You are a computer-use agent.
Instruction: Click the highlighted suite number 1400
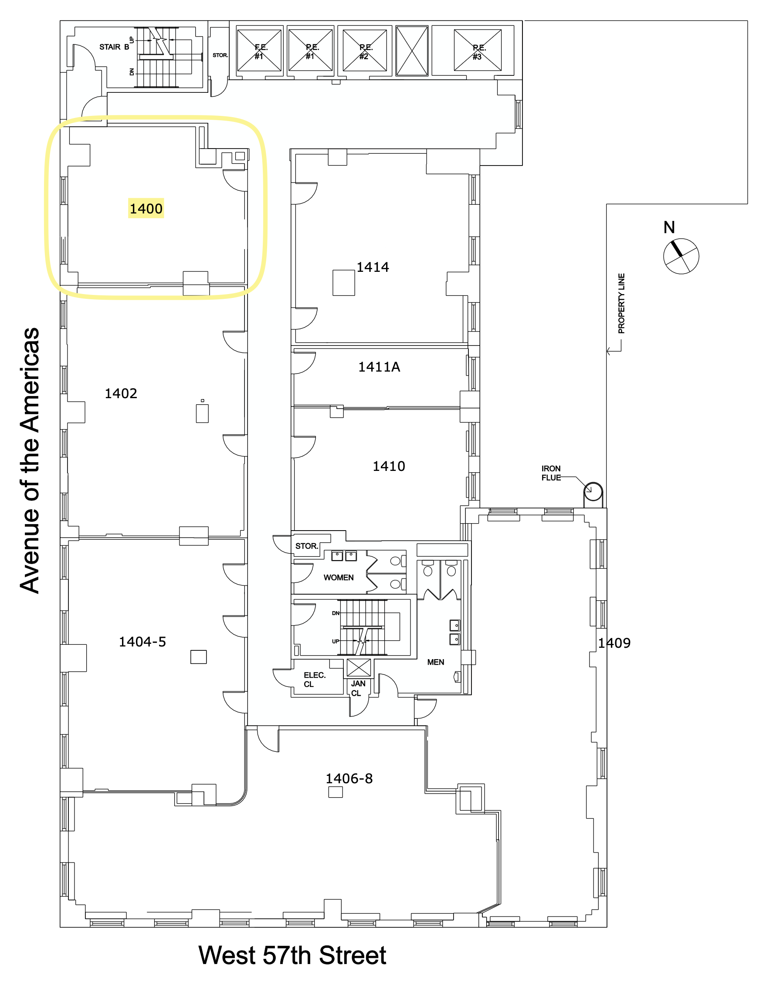point(146,209)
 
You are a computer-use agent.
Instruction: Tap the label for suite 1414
point(373,267)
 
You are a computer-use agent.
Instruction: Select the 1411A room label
point(379,367)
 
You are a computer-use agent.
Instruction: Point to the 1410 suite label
point(388,467)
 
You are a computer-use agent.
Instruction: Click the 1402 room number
point(121,393)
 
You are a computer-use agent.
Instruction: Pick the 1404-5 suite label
point(142,642)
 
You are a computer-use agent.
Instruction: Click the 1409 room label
point(614,643)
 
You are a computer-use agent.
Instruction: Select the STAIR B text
point(114,47)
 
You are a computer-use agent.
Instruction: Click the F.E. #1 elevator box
point(259,51)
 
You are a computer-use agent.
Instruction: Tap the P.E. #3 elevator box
point(478,51)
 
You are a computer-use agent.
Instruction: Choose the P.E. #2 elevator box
point(365,51)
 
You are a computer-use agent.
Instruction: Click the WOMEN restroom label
point(339,578)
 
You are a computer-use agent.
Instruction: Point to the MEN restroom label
point(435,662)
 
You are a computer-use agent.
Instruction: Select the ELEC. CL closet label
point(314,680)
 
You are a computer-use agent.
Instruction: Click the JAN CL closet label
point(358,688)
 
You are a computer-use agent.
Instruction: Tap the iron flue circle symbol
point(593,491)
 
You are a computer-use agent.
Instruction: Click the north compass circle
point(681,256)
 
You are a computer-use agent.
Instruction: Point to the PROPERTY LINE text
point(621,304)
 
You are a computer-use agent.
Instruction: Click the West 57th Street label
point(292,955)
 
